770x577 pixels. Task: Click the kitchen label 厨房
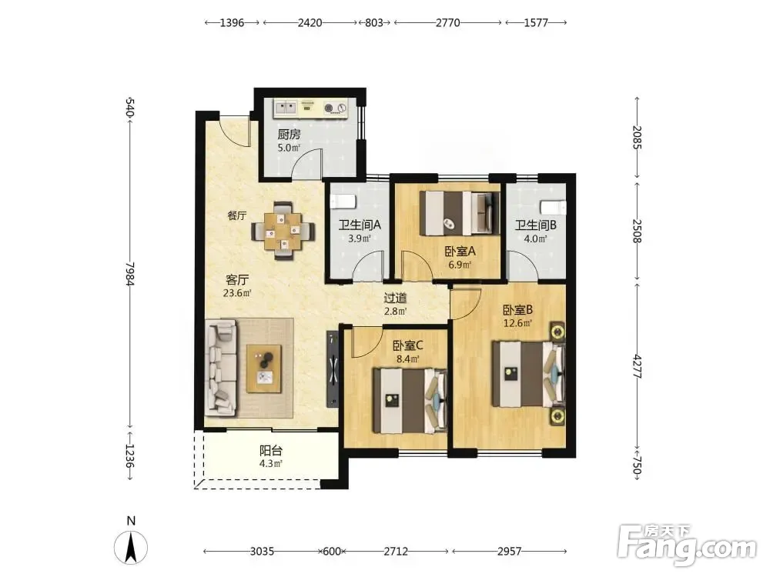click(x=289, y=135)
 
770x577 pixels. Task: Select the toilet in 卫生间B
click(x=553, y=207)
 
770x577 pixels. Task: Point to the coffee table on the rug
click(x=264, y=369)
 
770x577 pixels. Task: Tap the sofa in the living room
click(x=221, y=367)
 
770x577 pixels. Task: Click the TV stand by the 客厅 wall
click(x=333, y=369)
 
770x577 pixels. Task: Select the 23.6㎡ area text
click(x=237, y=293)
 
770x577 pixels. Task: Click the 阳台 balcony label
click(x=270, y=450)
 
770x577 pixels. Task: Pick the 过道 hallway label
click(x=395, y=298)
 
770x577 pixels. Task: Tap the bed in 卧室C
click(x=410, y=401)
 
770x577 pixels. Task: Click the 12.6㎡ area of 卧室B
click(x=517, y=323)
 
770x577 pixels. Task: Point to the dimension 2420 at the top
click(x=310, y=22)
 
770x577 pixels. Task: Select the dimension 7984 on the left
click(x=129, y=273)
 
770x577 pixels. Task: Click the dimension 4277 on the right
click(x=637, y=366)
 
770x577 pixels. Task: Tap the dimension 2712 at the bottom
click(x=396, y=552)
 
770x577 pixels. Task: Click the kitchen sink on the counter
click(x=286, y=107)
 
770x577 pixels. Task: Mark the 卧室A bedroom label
click(x=460, y=252)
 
